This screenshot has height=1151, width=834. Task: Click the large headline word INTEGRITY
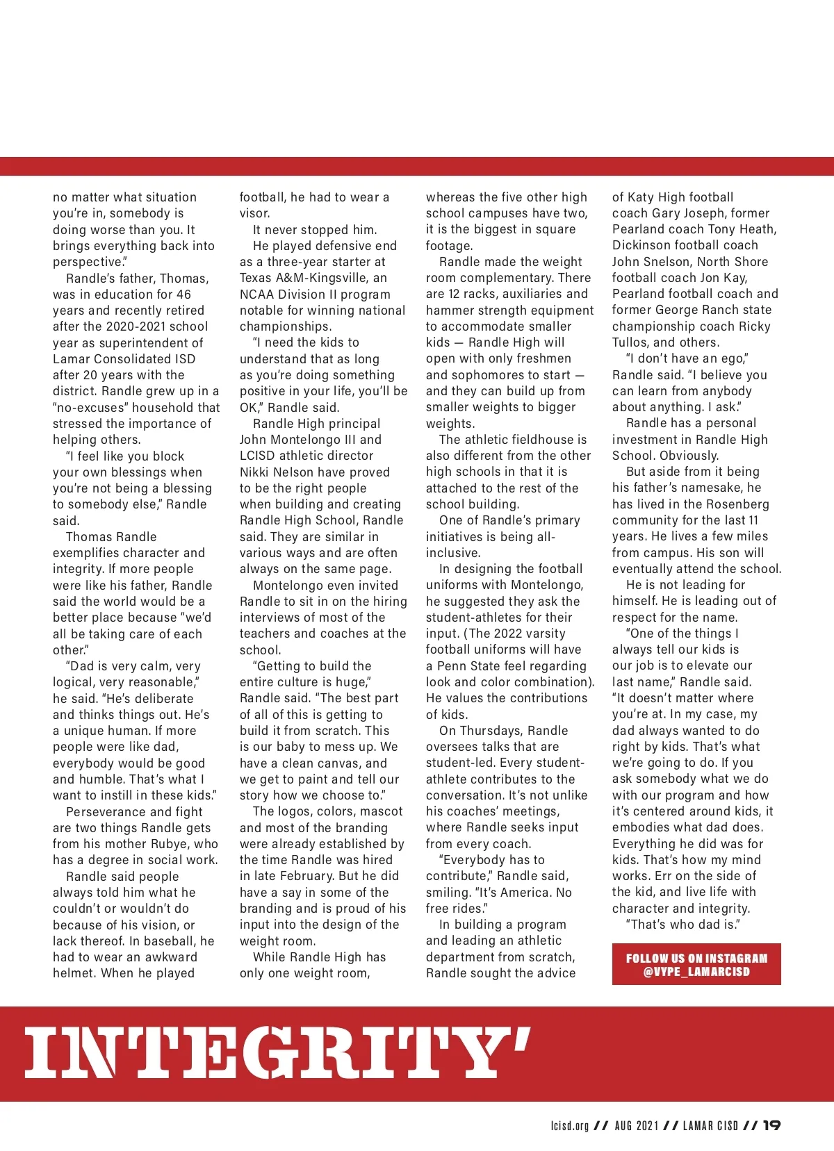[x=278, y=1052]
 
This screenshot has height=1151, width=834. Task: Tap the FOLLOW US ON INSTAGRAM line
[x=696, y=958]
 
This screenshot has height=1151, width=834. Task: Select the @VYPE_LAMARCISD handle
[x=696, y=972]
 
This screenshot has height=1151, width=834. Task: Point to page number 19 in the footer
[x=771, y=1125]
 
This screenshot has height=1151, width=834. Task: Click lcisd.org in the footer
[x=569, y=1125]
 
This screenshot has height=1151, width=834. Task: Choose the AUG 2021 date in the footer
[x=636, y=1125]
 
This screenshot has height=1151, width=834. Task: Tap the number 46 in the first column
[x=183, y=295]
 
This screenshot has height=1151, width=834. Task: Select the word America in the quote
[x=518, y=893]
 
